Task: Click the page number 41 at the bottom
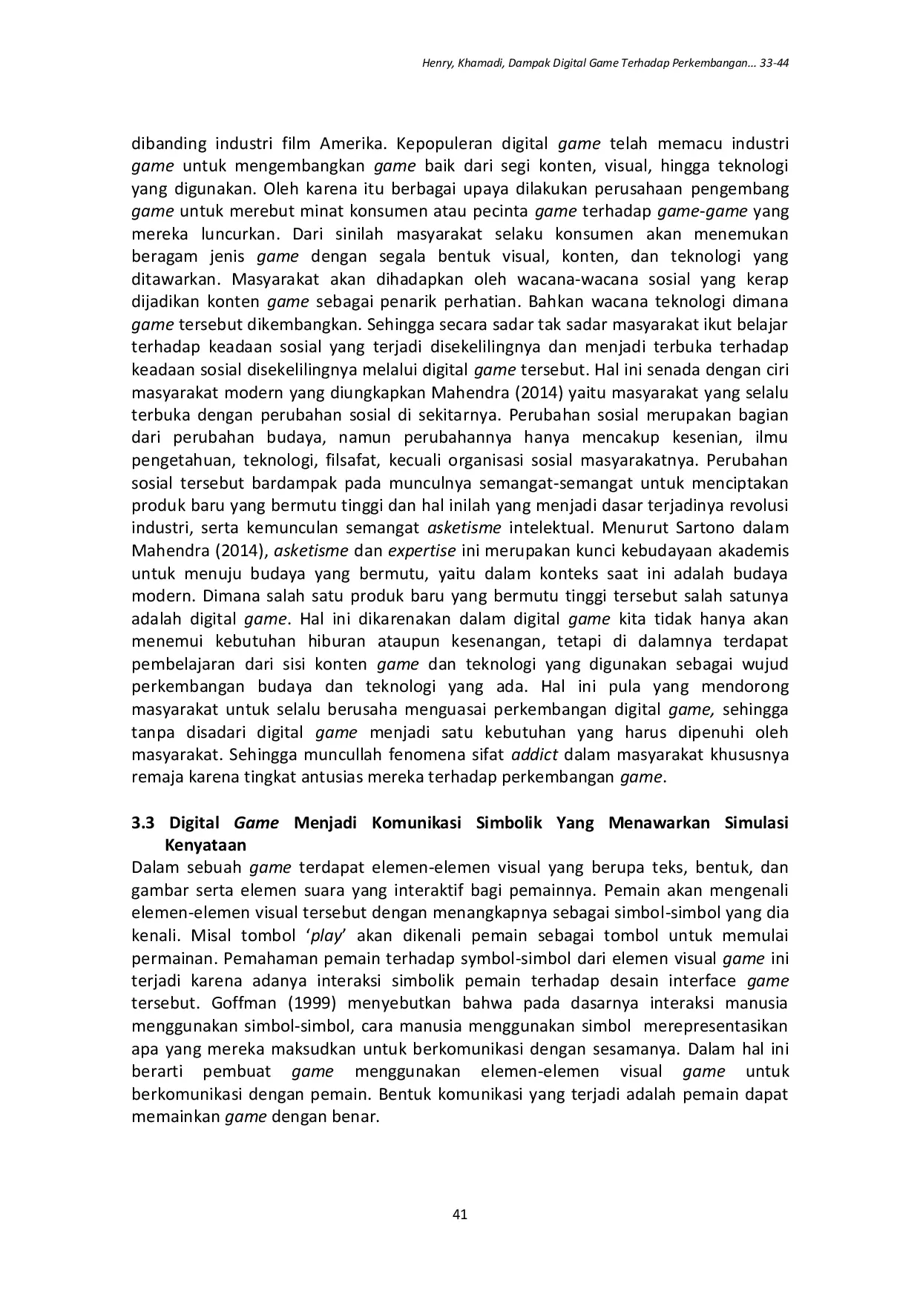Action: tap(459, 1214)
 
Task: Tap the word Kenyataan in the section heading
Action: tap(206, 845)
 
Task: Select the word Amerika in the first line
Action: tap(348, 143)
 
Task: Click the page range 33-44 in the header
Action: tap(771, 64)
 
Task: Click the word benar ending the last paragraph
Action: tap(356, 1117)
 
